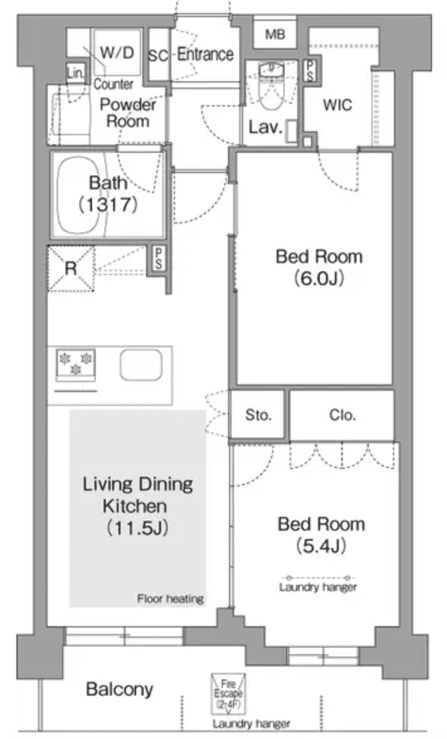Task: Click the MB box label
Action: point(274,34)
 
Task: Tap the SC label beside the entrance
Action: point(158,55)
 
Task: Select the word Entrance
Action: point(205,55)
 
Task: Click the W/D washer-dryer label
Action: point(117,52)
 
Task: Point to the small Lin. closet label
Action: point(75,74)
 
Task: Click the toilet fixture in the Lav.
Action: point(271,88)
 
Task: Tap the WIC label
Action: point(337,105)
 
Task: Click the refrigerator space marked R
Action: point(71,269)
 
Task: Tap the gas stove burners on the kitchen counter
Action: point(76,364)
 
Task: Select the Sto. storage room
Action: point(258,415)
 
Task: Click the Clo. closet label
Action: point(342,415)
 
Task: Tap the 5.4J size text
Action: point(321,546)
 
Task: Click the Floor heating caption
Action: point(171,599)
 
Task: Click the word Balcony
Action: point(119,689)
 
